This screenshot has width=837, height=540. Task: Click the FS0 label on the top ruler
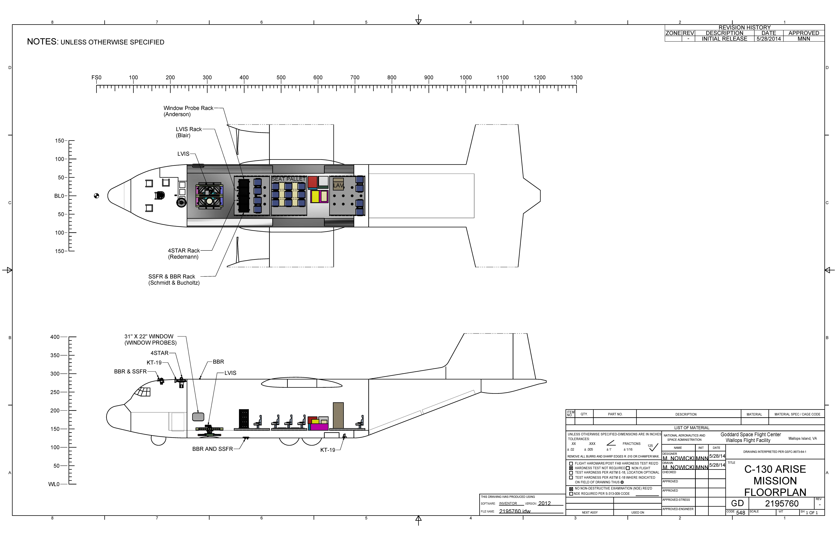(x=96, y=78)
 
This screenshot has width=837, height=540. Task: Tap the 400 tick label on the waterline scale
(x=55, y=337)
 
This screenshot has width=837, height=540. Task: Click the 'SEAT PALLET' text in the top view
(x=288, y=179)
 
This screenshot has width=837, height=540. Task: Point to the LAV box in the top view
(x=338, y=185)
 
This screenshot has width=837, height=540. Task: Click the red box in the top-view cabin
(x=313, y=182)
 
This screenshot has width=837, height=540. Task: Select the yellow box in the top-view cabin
(x=315, y=196)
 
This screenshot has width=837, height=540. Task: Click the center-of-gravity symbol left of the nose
(x=96, y=196)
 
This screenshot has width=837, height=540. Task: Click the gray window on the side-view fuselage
(x=198, y=417)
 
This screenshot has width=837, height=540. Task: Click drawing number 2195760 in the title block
(x=782, y=504)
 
